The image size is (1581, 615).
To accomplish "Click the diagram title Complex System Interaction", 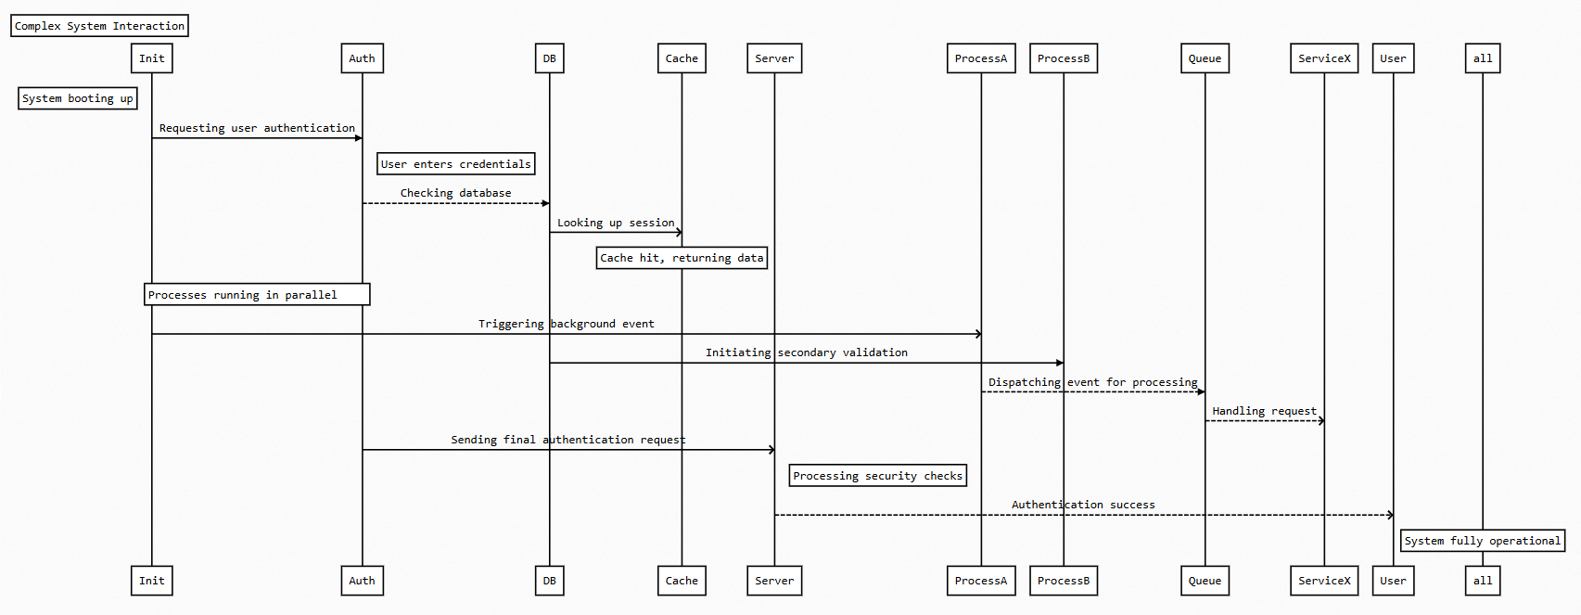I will point(99,26).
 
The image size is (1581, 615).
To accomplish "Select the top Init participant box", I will point(152,58).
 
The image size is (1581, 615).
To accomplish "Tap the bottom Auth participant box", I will point(362,581).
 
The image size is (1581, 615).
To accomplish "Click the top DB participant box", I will point(549,58).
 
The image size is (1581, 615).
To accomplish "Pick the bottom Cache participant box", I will point(682,581).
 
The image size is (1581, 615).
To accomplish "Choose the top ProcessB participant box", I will point(1064,58).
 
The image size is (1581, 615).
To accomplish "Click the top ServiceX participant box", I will point(1324,58).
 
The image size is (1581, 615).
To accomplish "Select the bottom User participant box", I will point(1393,581).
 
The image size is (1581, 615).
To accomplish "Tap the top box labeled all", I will point(1483,58).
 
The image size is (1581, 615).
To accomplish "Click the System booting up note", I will point(78,98).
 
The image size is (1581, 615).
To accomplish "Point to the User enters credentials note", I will point(456,164).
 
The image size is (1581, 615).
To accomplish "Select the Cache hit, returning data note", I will point(682,258).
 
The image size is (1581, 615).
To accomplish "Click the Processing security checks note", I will point(878,476).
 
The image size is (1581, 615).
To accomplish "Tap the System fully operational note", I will point(1483,541).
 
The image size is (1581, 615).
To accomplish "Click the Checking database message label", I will point(455,193).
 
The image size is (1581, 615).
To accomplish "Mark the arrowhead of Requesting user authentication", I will point(359,138).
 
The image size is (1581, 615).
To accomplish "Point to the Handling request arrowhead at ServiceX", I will point(1321,421).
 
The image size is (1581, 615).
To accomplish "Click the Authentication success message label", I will point(1083,505).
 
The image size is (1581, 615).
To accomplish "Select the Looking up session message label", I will point(616,223).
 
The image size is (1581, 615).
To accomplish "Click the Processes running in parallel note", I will point(257,295).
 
